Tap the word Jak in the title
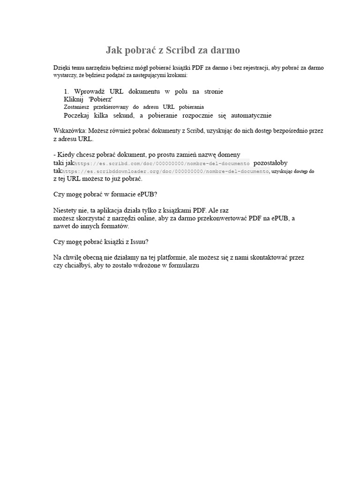pyautogui.click(x=114, y=50)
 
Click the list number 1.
pyautogui.click(x=67, y=91)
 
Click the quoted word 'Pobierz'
pyautogui.click(x=100, y=99)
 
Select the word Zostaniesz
pyautogui.click(x=79, y=107)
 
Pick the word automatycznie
pyautogui.click(x=251, y=115)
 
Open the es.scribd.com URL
pyautogui.click(x=162, y=164)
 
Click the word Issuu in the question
pyautogui.click(x=139, y=242)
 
